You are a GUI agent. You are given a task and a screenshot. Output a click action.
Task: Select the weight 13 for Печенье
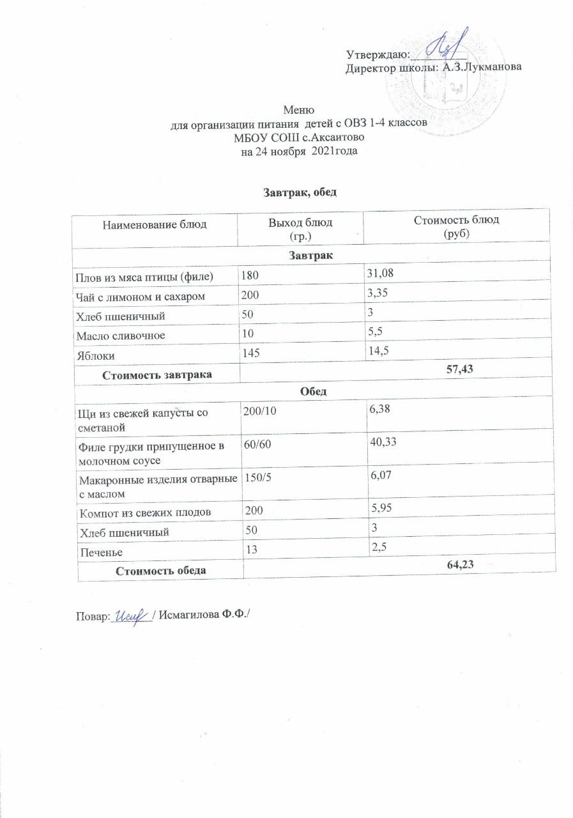(247, 549)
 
